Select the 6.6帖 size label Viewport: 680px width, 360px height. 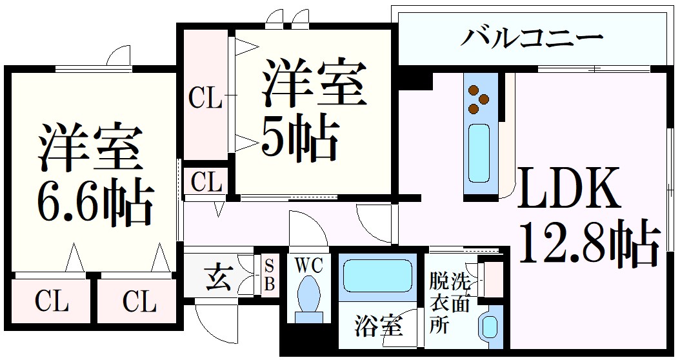pos(95,203)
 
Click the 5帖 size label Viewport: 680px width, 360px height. pos(299,139)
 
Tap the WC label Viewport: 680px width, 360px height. pos(309,265)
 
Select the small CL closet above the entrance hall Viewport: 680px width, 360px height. pos(206,183)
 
